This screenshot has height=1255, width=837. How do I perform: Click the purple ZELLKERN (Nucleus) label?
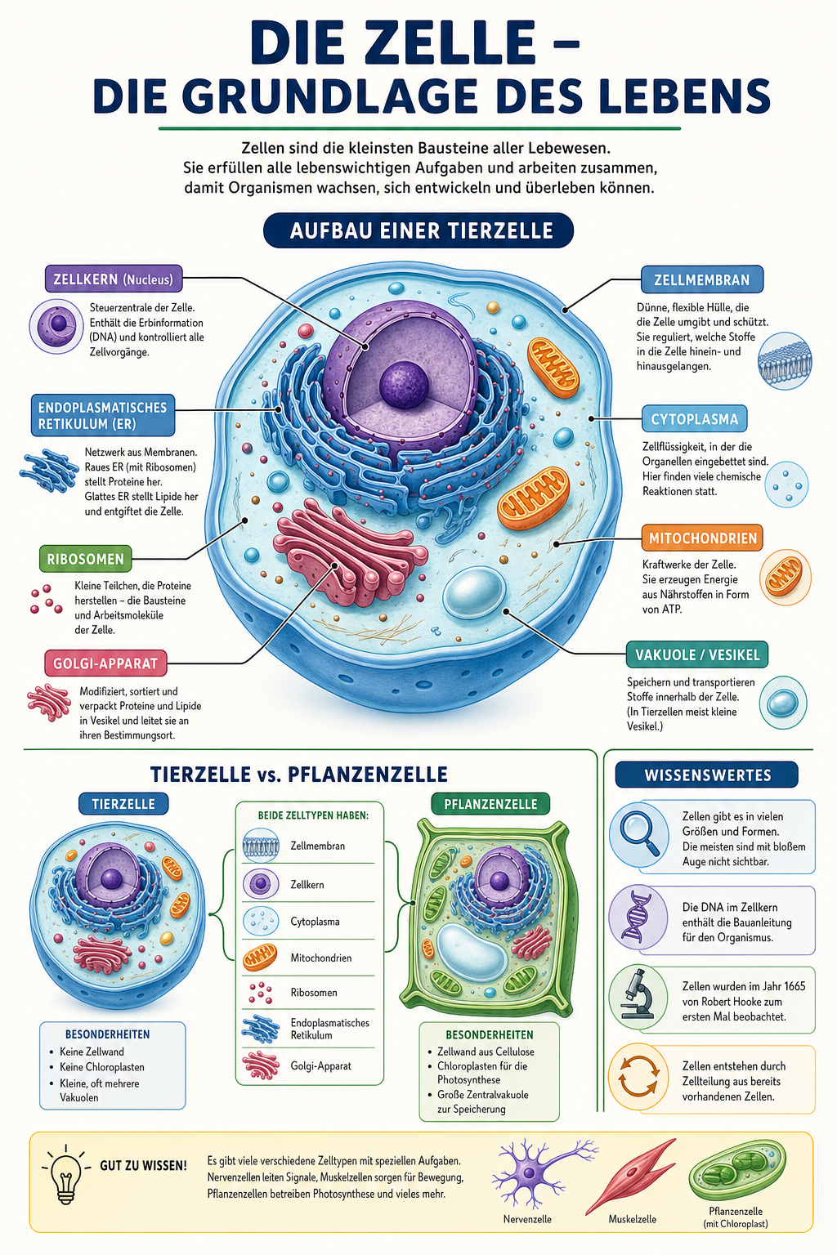[x=114, y=279]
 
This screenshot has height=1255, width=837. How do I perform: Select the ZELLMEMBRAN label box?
[x=702, y=279]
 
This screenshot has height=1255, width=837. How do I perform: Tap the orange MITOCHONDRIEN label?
[x=702, y=538]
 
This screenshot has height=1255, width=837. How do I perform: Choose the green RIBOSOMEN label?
[x=85, y=559]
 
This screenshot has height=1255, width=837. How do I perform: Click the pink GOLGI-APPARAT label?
[x=105, y=663]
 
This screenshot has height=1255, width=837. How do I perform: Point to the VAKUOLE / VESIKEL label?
[x=697, y=654]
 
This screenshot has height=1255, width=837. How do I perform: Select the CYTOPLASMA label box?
[x=695, y=418]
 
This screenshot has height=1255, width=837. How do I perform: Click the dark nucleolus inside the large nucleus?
[x=404, y=384]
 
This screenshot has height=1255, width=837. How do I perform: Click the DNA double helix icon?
[x=638, y=917]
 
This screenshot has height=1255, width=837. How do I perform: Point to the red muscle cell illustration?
[x=631, y=1176]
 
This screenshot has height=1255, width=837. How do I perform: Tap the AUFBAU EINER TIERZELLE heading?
[x=418, y=230]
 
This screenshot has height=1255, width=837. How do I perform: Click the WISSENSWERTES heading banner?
[x=707, y=775]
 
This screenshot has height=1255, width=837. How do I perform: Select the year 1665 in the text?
[x=794, y=986]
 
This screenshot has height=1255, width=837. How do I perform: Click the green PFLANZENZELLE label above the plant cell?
[x=490, y=804]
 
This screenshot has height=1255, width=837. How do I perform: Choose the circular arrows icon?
[x=638, y=1075]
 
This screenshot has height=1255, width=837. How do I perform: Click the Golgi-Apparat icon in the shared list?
[x=261, y=1065]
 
